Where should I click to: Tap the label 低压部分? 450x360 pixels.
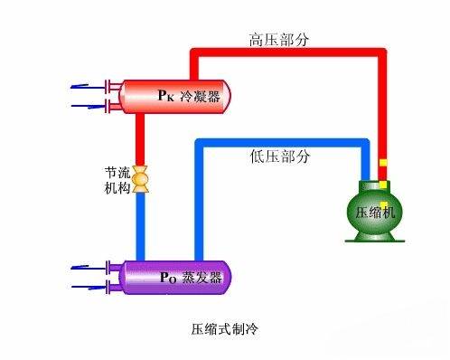(x=280, y=156)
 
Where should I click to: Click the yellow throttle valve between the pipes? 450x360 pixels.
(x=141, y=179)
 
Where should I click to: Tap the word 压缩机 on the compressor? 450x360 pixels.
(x=371, y=213)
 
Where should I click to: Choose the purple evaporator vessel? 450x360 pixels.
(x=173, y=277)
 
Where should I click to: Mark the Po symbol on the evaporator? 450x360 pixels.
(x=167, y=278)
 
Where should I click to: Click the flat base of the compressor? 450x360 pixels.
(x=372, y=241)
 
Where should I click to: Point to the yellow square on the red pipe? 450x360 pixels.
(x=383, y=164)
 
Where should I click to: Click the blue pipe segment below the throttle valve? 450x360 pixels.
(x=141, y=226)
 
